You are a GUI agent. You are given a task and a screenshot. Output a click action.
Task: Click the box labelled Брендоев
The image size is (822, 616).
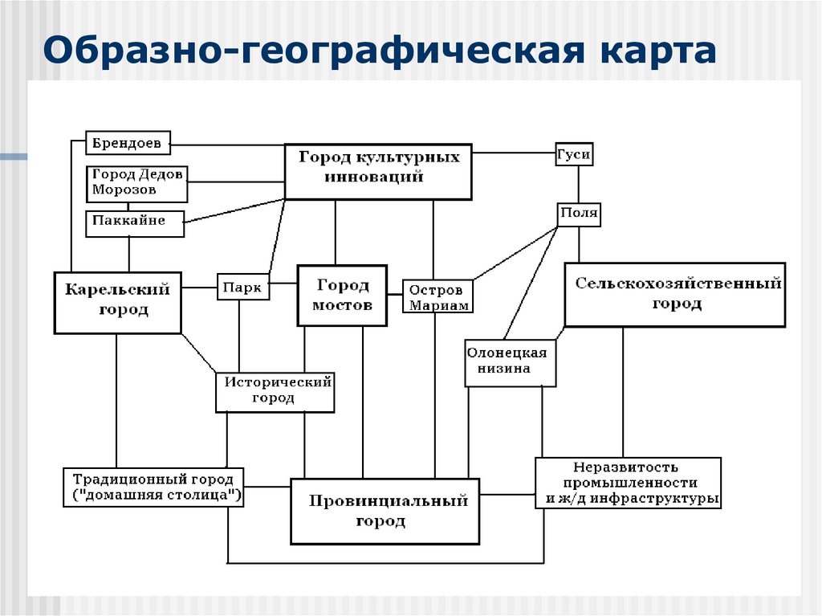(128, 143)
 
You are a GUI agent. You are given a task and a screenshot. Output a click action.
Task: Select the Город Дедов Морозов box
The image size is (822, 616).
(136, 183)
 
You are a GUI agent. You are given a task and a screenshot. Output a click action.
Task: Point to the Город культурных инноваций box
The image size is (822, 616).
(378, 171)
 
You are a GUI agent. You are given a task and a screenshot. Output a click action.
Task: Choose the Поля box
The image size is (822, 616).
(579, 214)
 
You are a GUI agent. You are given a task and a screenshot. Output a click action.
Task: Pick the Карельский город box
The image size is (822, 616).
(117, 301)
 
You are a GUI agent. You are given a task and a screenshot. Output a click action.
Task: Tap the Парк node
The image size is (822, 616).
(242, 287)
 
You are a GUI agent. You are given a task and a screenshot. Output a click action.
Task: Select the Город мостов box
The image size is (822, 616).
(342, 295)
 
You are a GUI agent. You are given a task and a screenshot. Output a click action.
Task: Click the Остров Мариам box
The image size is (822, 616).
(437, 296)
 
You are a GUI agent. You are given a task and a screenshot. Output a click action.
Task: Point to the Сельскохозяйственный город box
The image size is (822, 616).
(674, 294)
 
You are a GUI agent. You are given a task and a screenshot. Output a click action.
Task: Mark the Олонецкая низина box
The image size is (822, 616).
(511, 362)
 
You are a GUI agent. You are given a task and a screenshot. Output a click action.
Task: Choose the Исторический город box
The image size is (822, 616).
(275, 392)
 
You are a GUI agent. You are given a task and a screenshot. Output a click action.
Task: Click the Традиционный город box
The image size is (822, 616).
(153, 487)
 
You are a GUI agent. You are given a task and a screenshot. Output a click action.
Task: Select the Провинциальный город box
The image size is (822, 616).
(385, 511)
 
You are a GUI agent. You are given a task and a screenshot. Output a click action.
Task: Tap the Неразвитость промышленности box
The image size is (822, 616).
(628, 483)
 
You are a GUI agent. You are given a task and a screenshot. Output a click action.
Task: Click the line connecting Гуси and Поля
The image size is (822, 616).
(577, 185)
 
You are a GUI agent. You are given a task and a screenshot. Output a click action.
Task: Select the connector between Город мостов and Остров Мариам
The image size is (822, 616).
(395, 295)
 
